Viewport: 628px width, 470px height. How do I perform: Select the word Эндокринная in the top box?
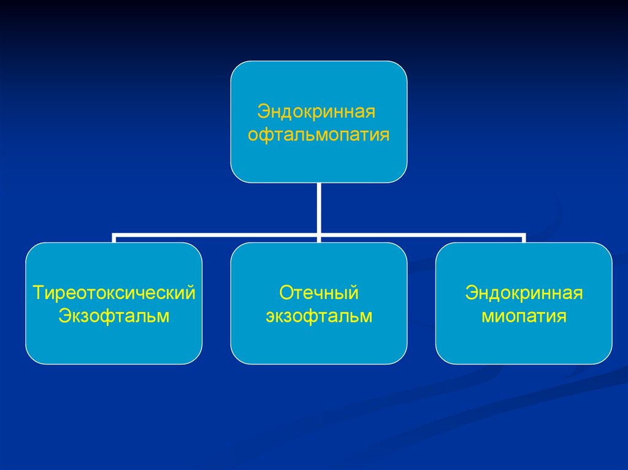(316, 112)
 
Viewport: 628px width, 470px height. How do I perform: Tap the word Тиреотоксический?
(115, 292)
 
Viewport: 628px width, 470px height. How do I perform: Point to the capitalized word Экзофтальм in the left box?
(114, 316)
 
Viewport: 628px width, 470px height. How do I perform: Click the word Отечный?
(319, 292)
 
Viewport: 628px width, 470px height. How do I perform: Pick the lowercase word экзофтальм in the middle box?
(319, 316)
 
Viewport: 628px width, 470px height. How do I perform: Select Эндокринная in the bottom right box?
(524, 292)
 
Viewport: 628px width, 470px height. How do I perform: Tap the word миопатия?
(524, 317)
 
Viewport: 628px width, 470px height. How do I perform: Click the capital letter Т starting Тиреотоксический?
(38, 292)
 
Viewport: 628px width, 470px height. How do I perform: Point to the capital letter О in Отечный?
(286, 292)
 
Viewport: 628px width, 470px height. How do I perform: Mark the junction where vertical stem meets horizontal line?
(319, 234)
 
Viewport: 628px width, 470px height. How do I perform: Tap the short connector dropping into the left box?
(114, 238)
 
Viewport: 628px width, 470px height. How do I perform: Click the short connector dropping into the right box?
(524, 238)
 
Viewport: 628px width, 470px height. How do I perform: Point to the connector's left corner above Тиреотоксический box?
(114, 234)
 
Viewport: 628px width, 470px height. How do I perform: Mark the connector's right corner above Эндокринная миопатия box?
(524, 234)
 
